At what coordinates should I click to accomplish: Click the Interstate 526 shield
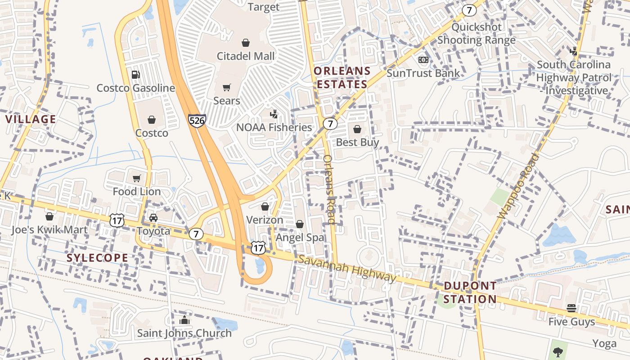coord(197,121)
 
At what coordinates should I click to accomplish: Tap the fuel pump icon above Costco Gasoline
coord(135,75)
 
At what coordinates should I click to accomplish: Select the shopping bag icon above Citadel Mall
coord(246,43)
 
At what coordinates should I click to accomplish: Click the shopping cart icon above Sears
coord(227,87)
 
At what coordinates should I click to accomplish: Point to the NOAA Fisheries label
coord(274,127)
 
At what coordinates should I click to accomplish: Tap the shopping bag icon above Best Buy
coord(357,130)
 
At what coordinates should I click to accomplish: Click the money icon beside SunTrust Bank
coord(423,60)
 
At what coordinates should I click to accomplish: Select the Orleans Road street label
coord(329,189)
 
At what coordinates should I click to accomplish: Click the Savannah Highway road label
coord(347,268)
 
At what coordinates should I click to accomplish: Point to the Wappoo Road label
coord(518,185)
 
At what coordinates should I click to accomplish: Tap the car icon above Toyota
coord(153,218)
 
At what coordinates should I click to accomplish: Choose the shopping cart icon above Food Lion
coord(137,178)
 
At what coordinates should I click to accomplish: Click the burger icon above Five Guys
coord(571,308)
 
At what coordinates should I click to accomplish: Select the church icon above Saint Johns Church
coord(184,320)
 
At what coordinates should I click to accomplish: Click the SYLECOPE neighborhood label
coord(98,258)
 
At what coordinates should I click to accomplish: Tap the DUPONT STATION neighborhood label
coord(470,292)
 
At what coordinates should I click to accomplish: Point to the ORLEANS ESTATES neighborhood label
coord(342,77)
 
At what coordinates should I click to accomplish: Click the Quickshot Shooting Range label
coord(477,33)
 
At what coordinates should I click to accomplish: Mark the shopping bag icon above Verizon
coord(265,207)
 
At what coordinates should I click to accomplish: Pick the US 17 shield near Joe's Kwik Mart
coord(117,220)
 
